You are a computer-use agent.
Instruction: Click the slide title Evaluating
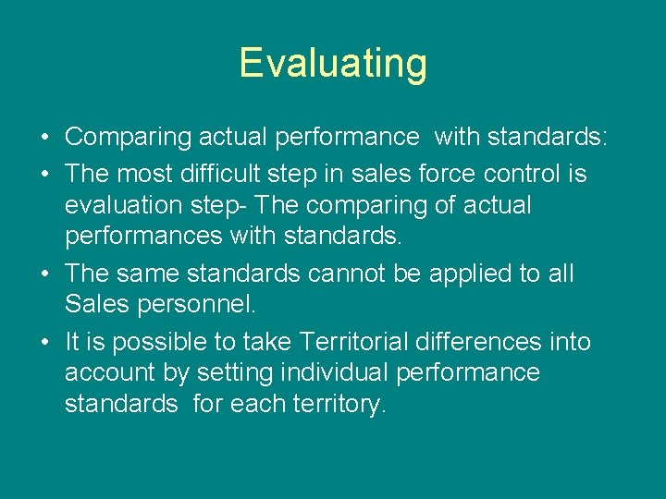click(x=333, y=64)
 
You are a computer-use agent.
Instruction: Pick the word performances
click(x=143, y=237)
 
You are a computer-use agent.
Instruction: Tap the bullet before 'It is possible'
click(x=44, y=342)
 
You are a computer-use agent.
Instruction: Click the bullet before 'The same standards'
click(x=44, y=274)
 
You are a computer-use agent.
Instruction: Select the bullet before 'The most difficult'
click(x=44, y=173)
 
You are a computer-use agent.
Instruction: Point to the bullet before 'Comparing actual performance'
click(x=44, y=138)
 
